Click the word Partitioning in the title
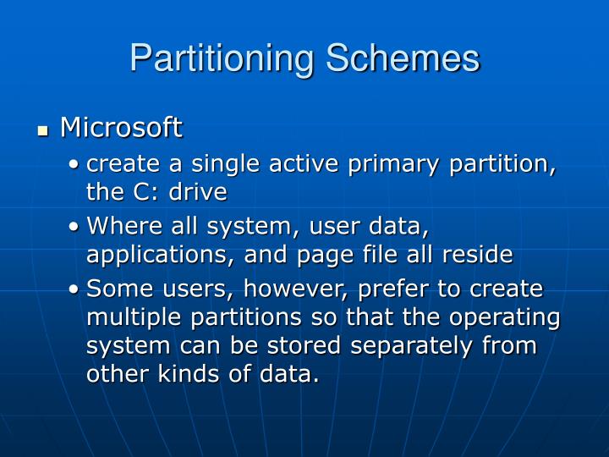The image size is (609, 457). point(222,59)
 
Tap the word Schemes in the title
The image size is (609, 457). point(403,58)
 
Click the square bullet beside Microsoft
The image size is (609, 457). point(43,130)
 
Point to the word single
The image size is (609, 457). point(225,165)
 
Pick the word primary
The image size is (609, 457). point(393,165)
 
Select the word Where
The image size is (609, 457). point(124,225)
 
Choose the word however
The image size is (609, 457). point(295,289)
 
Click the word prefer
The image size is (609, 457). point(393,290)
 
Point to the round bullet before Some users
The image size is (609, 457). point(74,289)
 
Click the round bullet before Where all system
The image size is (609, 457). point(74,227)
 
